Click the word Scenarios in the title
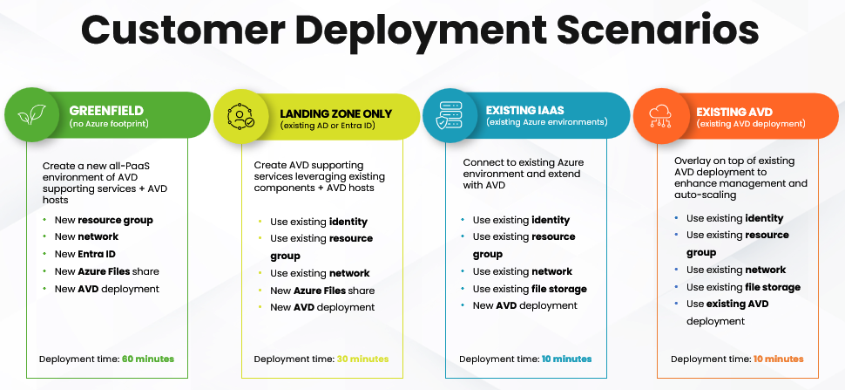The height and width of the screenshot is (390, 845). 658,31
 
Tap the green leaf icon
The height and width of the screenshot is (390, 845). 31,115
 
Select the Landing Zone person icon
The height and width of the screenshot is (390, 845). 241,116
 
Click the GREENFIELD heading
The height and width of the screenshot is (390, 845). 106,111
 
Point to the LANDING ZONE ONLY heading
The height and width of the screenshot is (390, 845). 335,113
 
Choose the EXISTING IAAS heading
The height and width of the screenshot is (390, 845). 525,111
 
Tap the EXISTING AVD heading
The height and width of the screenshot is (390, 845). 734,113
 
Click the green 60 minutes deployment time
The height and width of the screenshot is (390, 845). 148,359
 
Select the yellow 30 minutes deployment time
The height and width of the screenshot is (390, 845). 362,359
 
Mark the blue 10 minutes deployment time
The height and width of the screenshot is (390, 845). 567,359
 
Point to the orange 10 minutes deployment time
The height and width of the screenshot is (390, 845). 778,359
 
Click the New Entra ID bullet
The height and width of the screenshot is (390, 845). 85,254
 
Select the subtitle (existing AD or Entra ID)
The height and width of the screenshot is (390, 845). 328,126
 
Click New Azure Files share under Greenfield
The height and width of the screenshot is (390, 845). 106,271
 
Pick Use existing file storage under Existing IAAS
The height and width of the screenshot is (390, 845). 530,289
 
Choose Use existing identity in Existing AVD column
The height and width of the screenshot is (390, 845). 734,218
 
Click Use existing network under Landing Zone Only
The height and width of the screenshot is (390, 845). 320,273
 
